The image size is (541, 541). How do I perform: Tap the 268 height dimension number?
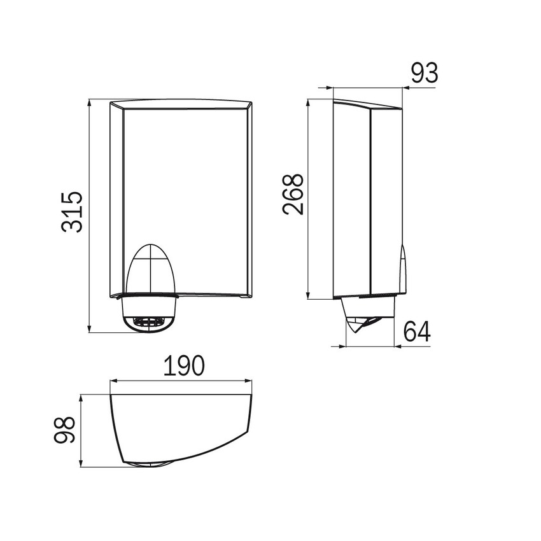point(293,195)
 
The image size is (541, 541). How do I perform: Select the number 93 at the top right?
point(424,73)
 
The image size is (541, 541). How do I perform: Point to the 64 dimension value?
point(417,332)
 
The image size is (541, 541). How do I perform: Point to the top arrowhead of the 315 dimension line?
point(89,101)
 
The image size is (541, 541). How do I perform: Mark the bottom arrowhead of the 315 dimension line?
point(89,329)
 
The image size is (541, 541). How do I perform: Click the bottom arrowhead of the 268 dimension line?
point(309,297)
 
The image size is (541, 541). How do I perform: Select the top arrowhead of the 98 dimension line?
point(81,397)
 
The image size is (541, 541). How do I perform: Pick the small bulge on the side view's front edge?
point(402,267)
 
